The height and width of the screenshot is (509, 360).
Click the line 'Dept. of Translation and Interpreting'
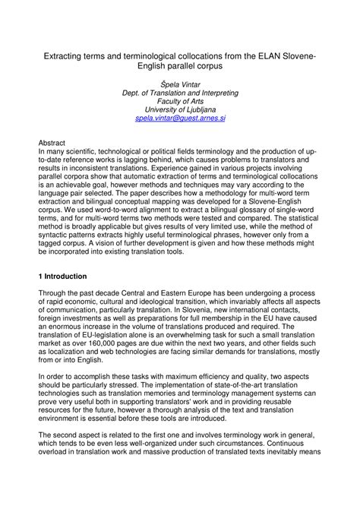point(180,92)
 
